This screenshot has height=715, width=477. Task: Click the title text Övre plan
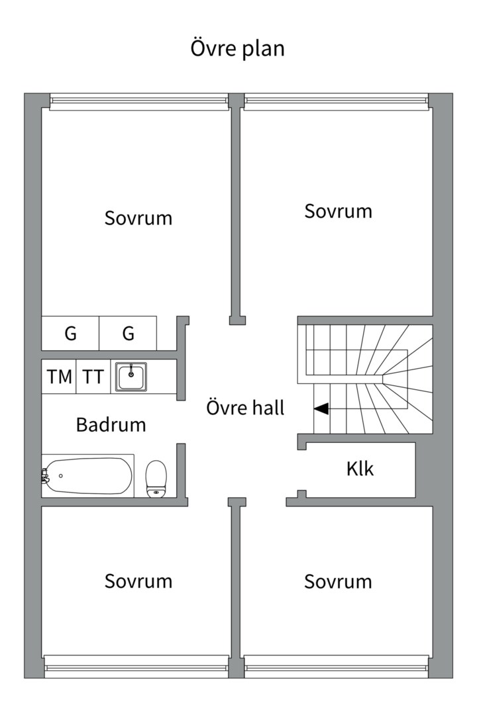click(237, 48)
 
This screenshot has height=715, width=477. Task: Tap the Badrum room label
click(111, 424)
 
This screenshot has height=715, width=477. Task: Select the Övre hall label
click(246, 407)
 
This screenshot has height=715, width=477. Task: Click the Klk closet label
click(360, 468)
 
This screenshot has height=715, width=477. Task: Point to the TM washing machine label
click(60, 377)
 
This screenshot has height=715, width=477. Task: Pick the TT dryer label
click(93, 377)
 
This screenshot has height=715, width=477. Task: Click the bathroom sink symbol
click(131, 377)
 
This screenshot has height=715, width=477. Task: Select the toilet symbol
click(156, 479)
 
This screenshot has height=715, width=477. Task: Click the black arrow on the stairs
click(321, 408)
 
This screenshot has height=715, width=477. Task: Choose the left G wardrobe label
click(70, 333)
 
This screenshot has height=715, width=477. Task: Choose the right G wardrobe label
click(129, 333)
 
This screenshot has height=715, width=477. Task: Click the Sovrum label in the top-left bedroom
click(138, 218)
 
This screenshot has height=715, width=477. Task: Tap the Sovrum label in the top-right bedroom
click(339, 211)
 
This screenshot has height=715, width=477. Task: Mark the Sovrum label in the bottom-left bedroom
click(138, 581)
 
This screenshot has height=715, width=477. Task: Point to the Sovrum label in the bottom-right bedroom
click(339, 581)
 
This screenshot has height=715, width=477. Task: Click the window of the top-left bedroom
click(138, 102)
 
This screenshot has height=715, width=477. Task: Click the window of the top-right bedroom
click(337, 102)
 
